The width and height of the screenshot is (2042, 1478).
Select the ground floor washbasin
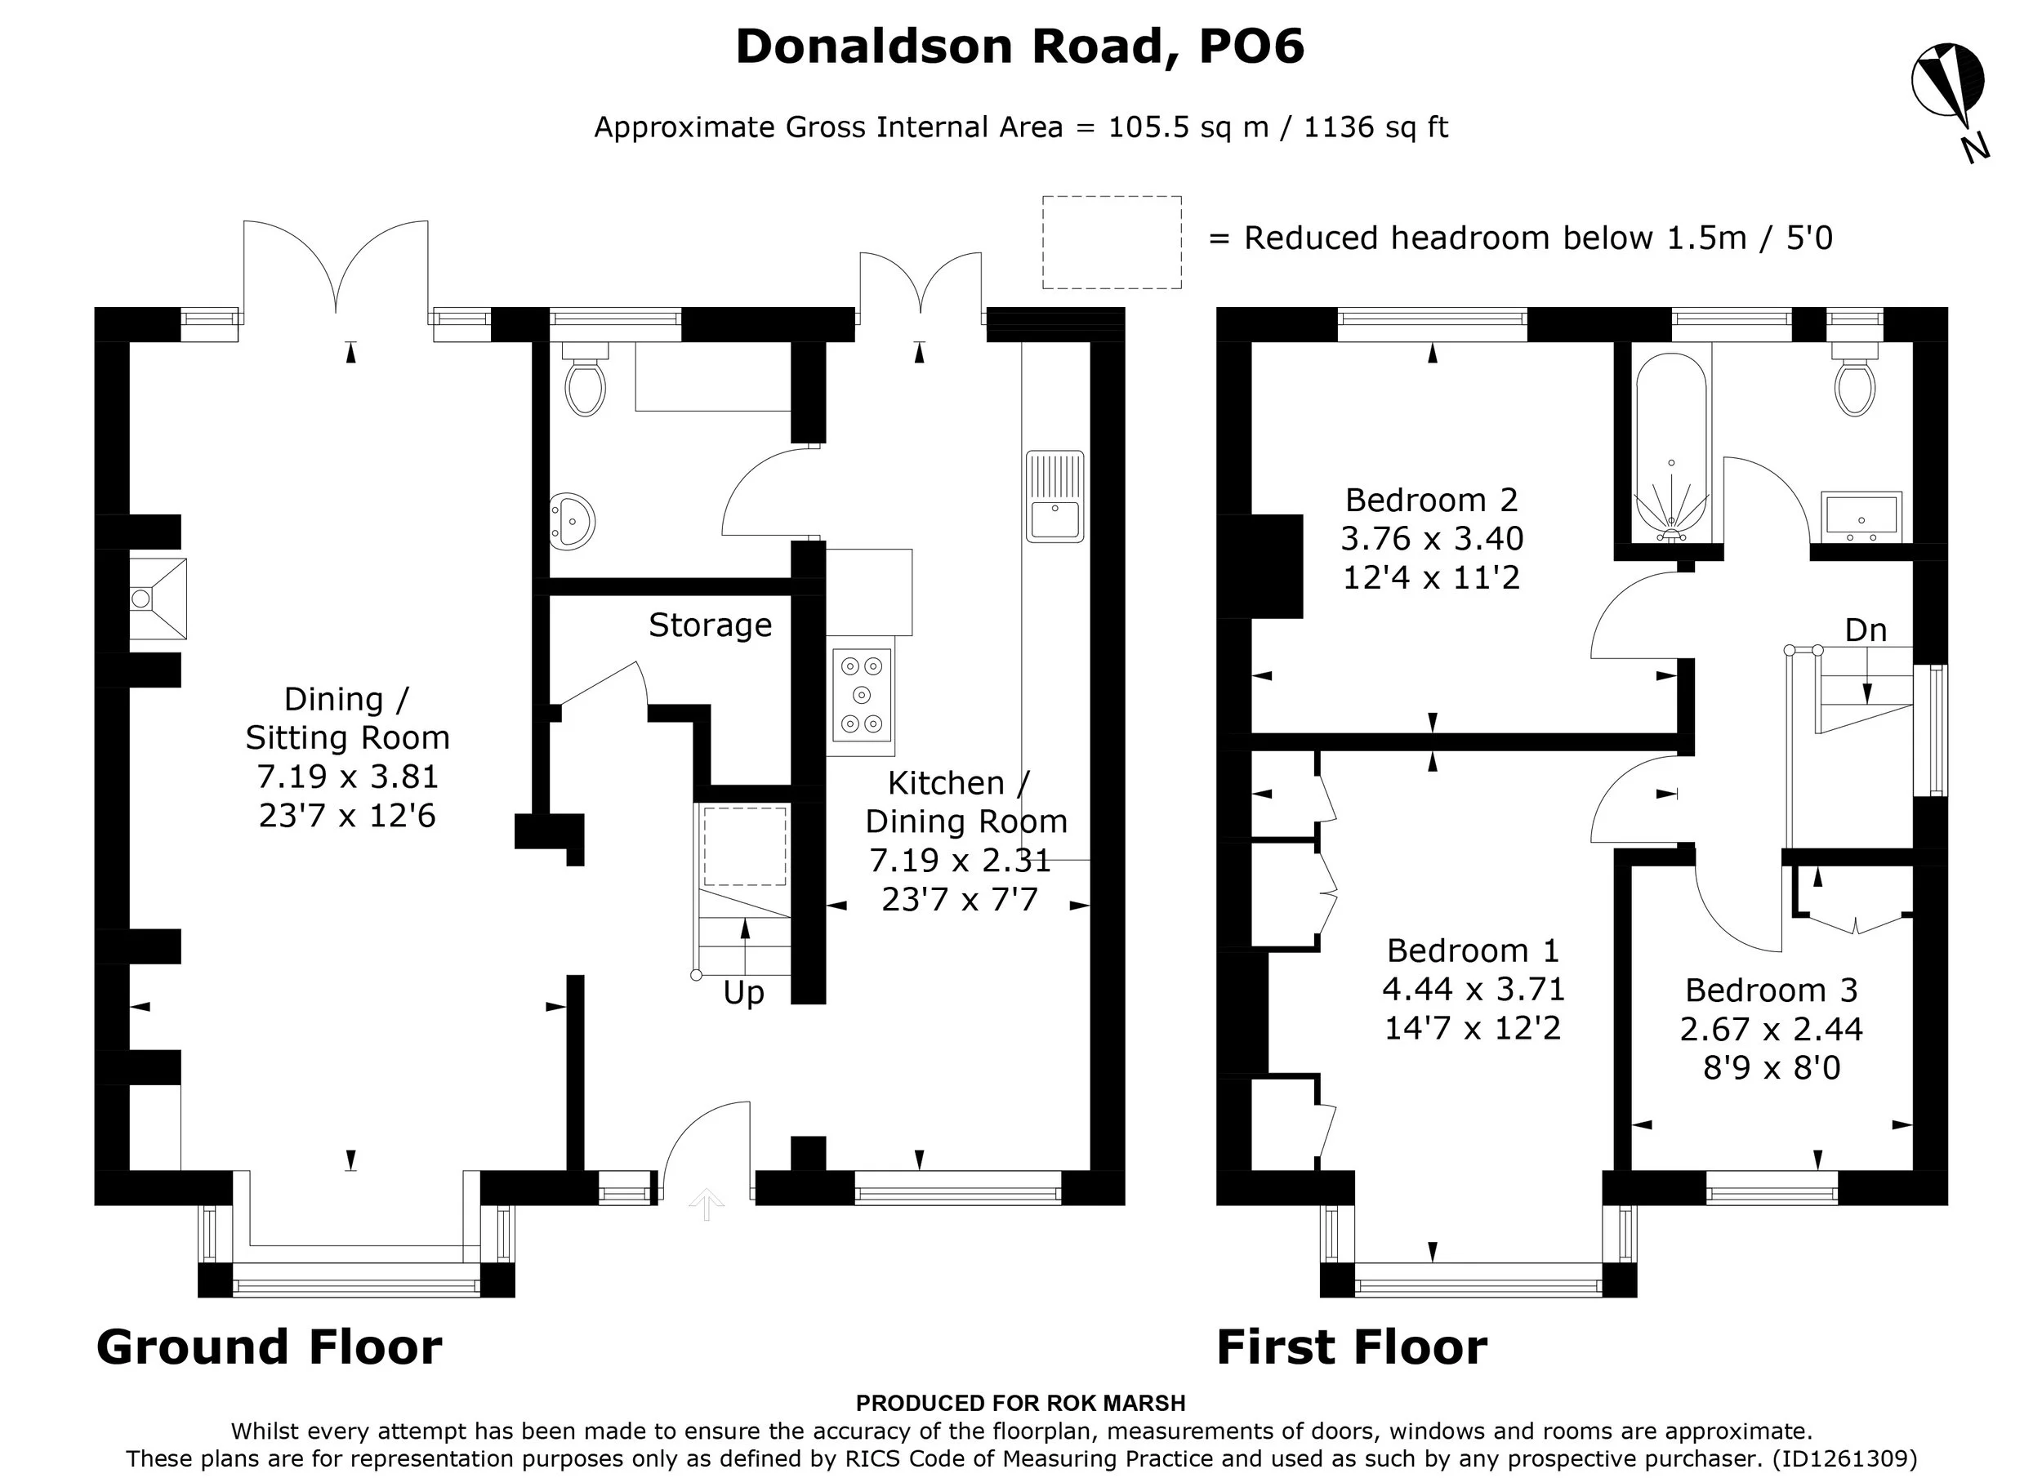pos(573,521)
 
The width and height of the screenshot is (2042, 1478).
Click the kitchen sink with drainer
pos(1054,496)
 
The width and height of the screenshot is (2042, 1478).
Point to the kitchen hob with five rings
pos(863,696)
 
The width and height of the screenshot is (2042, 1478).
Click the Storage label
pos(711,625)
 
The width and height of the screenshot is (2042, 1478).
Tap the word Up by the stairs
pos(743,993)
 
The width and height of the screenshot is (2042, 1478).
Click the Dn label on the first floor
pos(1866,630)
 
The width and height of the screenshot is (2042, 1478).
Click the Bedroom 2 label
pos(1432,500)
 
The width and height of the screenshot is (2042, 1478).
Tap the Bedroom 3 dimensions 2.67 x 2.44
pos(1771,1029)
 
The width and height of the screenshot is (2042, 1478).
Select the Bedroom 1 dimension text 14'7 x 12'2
pos(1472,1028)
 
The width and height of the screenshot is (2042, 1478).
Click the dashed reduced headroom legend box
pos(1112,243)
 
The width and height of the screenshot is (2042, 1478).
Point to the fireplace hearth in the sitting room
pos(158,599)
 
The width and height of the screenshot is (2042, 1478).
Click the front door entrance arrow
pos(706,1204)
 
